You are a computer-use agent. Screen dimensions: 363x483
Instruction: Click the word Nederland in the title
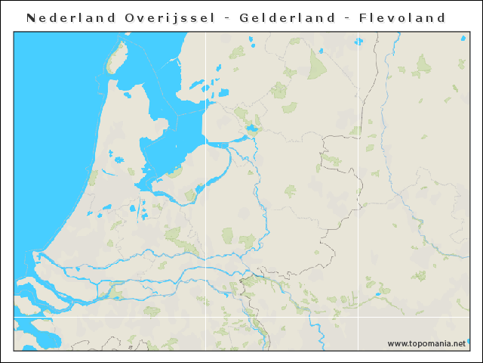tap(66, 17)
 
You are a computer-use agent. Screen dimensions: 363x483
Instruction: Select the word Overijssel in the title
tap(165, 17)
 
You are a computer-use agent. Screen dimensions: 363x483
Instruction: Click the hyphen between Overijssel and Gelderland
tap(226, 18)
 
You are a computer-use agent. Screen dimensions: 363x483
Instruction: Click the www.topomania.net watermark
tap(426, 344)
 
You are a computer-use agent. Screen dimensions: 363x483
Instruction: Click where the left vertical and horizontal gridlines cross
tap(206, 317)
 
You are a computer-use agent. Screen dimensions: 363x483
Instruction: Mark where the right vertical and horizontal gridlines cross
tap(358, 317)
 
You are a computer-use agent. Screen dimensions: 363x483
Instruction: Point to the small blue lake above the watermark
tap(378, 294)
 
